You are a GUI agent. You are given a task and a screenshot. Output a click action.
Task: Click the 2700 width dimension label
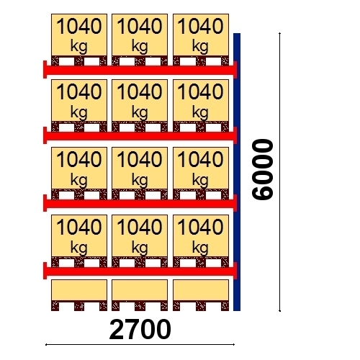[x=140, y=330]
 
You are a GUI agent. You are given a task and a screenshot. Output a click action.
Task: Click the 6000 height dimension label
[x=263, y=169]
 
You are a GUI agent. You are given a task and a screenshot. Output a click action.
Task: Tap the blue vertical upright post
[x=237, y=172]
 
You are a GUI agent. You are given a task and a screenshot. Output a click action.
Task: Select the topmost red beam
[x=140, y=70]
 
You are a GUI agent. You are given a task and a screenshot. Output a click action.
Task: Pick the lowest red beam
[x=140, y=271]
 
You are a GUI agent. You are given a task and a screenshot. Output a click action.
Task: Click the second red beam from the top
[x=140, y=136]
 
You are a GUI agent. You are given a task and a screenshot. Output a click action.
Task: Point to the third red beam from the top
[x=140, y=203]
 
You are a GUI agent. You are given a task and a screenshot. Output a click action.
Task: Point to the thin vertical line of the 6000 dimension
[x=280, y=172]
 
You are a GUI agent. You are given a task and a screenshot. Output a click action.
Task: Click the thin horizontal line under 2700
[x=140, y=345]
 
